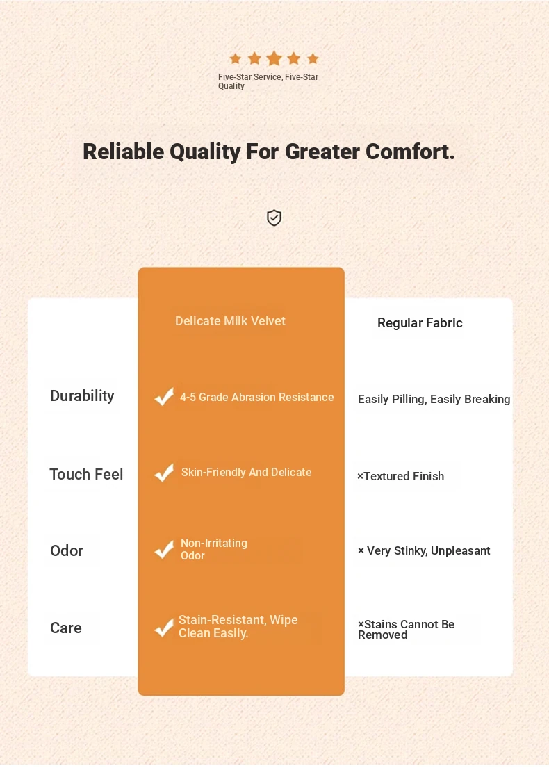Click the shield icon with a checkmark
tap(274, 218)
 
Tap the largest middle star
tap(274, 58)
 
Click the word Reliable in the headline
tap(124, 152)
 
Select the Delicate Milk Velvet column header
tap(230, 321)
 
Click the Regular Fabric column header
tap(420, 322)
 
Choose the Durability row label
tap(82, 395)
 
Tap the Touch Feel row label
tap(86, 474)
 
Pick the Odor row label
tap(67, 550)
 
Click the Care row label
tap(65, 628)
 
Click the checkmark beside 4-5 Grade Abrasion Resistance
tap(164, 396)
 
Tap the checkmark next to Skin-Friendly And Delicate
tap(164, 472)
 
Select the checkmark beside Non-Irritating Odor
tap(164, 549)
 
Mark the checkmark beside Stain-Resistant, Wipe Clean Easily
tap(164, 627)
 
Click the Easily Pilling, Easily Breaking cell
tap(434, 399)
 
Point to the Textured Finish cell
tap(400, 476)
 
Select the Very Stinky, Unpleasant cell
tap(424, 550)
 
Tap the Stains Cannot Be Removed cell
tap(406, 630)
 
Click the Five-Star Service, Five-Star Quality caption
tap(268, 81)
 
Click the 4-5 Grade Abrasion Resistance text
tap(256, 398)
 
